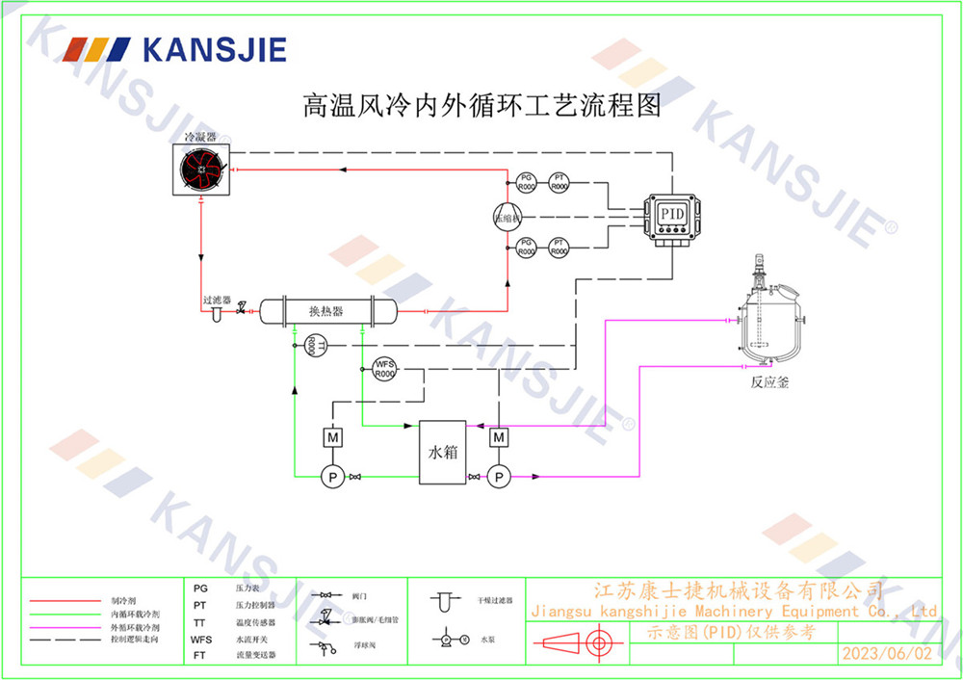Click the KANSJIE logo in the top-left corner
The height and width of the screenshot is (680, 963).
click(174, 49)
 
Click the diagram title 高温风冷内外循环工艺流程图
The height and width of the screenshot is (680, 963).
click(481, 104)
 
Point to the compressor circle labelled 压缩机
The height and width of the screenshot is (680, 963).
click(507, 218)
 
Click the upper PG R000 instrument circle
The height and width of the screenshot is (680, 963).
click(526, 183)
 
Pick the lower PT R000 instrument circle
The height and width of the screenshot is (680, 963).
click(559, 247)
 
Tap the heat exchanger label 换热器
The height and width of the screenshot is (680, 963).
click(325, 311)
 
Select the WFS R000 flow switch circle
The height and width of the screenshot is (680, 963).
click(384, 368)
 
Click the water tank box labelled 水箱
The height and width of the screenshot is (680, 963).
click(442, 452)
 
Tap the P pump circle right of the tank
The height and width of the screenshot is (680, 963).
click(498, 476)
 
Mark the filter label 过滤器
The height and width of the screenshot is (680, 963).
click(217, 300)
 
